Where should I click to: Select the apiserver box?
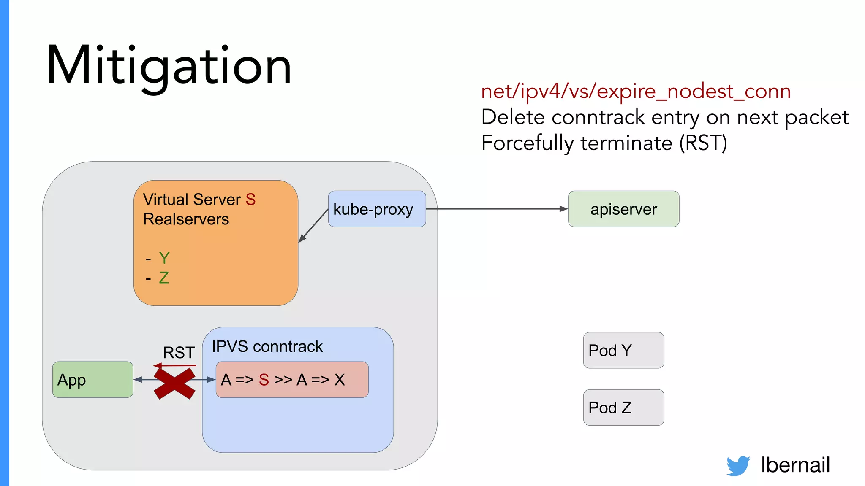[623, 209]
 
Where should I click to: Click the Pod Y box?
[623, 350]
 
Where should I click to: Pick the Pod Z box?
[623, 408]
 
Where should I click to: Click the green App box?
[92, 380]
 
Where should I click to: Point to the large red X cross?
[174, 383]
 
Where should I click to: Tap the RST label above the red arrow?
[179, 353]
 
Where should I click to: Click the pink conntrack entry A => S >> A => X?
[291, 380]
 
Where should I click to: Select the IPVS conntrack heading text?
[267, 347]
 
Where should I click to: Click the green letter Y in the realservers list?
[164, 258]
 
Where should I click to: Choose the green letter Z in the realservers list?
[164, 278]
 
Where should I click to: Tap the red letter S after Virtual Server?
[250, 200]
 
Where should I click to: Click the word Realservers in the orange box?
[186, 219]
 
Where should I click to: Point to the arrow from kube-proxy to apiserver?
[496, 209]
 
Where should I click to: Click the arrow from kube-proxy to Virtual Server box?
[313, 226]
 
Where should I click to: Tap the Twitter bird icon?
[738, 466]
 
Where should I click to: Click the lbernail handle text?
[795, 465]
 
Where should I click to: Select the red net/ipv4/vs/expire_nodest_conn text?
[636, 92]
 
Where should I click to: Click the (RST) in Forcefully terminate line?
[703, 143]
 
